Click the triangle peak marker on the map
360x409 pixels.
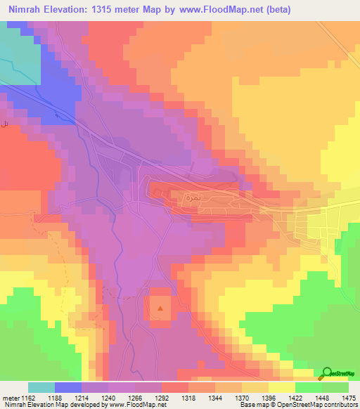click(160, 308)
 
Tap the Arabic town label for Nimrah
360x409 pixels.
click(191, 198)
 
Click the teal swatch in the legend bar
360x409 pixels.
click(41, 387)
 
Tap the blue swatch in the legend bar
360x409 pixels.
click(68, 387)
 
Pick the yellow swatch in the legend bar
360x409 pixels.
click(281, 387)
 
